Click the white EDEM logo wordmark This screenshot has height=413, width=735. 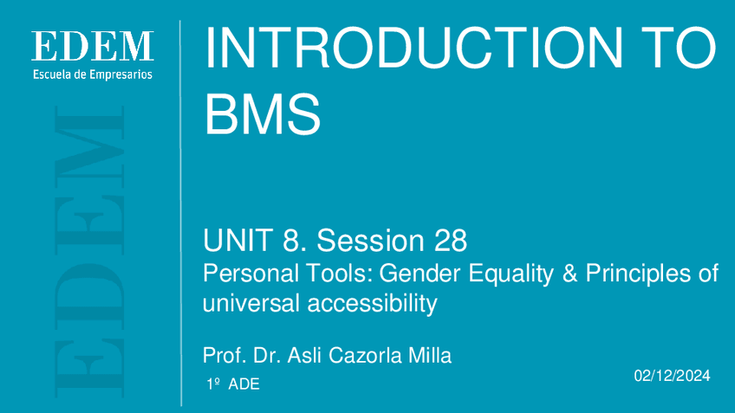tap(93, 46)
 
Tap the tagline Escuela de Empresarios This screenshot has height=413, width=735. tap(93, 74)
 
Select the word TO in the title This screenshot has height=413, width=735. tap(680, 48)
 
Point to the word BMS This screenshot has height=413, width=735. tap(263, 113)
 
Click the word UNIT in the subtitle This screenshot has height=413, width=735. tap(238, 240)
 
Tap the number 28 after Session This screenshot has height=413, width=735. tap(451, 240)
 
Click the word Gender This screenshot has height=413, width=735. tap(420, 273)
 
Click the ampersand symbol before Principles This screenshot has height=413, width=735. tap(569, 274)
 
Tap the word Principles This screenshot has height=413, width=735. tap(638, 274)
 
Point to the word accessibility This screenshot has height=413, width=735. tap(372, 303)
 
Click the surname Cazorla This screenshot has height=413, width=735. tap(365, 355)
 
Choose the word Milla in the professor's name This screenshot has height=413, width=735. tap(429, 355)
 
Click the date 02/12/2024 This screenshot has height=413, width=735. tap(673, 376)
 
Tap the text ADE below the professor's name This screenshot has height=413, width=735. tap(244, 384)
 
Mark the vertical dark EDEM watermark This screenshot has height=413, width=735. tap(89, 251)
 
